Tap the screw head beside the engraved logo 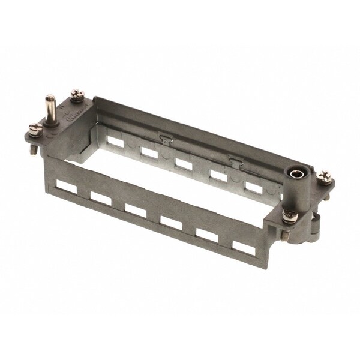pos(76,94)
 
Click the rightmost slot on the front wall pos(242,248)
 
